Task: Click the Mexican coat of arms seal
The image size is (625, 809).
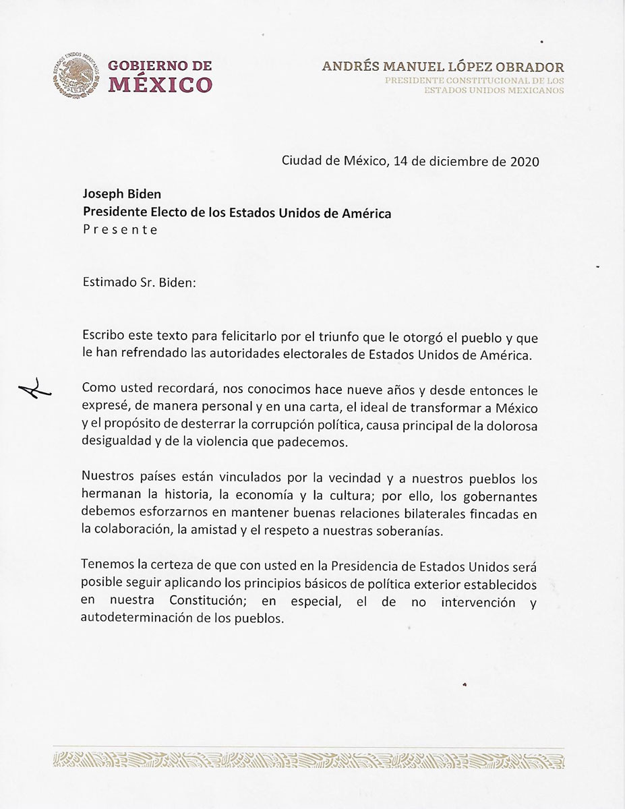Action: [75, 75]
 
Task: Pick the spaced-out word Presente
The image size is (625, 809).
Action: [120, 229]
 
